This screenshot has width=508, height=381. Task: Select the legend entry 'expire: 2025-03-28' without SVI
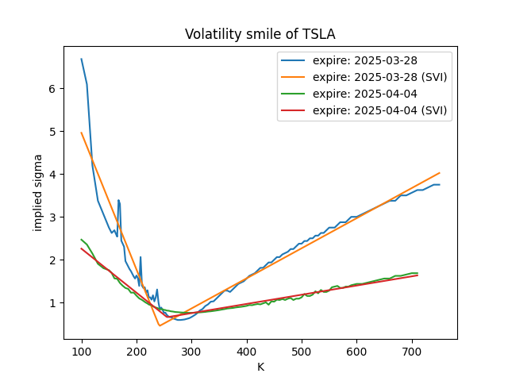(x=360, y=61)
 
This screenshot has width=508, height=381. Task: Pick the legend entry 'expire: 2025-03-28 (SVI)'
(x=375, y=78)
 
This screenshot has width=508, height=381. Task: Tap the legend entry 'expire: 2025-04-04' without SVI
(x=360, y=94)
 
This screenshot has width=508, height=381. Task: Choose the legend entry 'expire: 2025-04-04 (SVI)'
(x=375, y=111)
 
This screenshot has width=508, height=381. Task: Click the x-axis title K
(x=260, y=367)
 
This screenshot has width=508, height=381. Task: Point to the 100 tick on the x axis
(x=81, y=350)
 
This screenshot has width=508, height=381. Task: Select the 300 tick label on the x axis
(x=191, y=350)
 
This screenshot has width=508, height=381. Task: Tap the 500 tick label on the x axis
(x=302, y=350)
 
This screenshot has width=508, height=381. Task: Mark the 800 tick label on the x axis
(x=467, y=350)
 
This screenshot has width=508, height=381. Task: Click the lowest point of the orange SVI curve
(x=160, y=325)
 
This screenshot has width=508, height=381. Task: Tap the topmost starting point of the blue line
(x=81, y=59)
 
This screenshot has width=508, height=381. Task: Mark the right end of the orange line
(x=439, y=173)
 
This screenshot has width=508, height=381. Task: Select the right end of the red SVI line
(x=418, y=275)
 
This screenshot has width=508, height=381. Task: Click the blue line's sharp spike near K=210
(x=140, y=257)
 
